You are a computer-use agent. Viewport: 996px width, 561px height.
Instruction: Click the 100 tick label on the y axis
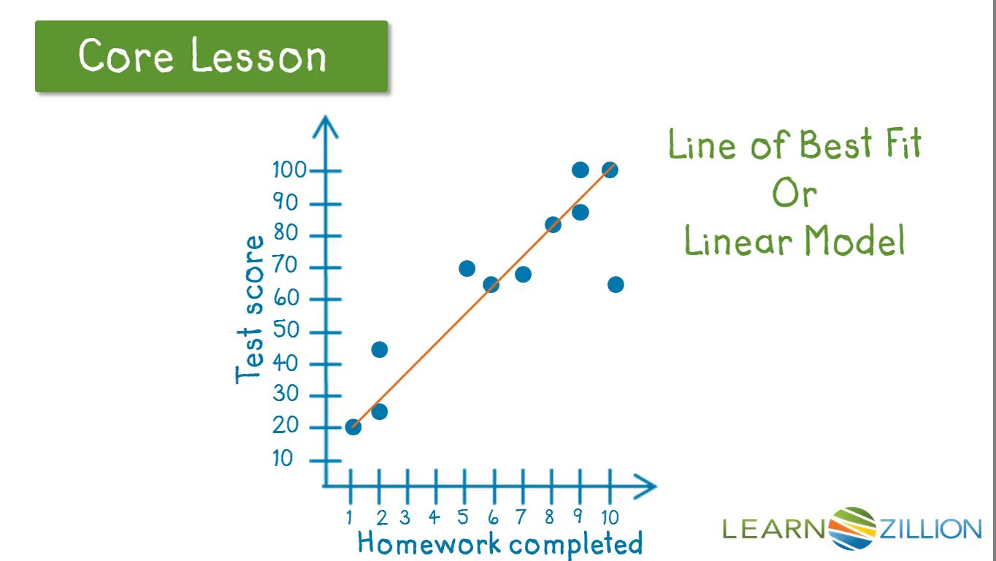[x=289, y=170]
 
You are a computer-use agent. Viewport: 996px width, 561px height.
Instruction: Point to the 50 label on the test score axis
[x=286, y=330]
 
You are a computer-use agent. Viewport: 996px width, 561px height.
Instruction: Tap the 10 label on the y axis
[x=283, y=458]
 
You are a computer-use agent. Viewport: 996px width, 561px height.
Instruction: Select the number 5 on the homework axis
[x=463, y=517]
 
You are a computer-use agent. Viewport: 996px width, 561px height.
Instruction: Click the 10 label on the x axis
[x=610, y=517]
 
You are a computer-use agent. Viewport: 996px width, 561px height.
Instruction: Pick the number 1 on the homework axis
[x=350, y=518]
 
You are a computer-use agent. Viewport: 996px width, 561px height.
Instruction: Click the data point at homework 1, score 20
[x=353, y=427]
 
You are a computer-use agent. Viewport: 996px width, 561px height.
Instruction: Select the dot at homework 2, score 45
[x=379, y=350]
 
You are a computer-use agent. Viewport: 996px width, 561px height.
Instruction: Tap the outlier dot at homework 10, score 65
[x=616, y=284]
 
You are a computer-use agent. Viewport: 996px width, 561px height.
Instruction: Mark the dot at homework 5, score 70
[x=467, y=268]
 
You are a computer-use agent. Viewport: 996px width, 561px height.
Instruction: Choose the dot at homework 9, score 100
[x=581, y=169]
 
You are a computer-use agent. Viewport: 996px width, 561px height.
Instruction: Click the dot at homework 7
[x=523, y=274]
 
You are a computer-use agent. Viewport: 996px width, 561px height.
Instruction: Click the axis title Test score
[x=250, y=309]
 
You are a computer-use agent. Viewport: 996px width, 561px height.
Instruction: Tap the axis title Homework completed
[x=500, y=543]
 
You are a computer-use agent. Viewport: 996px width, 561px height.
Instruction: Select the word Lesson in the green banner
[x=258, y=56]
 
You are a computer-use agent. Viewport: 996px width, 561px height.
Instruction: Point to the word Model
[x=854, y=240]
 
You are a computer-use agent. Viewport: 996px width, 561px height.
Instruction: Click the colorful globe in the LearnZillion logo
[x=852, y=529]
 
